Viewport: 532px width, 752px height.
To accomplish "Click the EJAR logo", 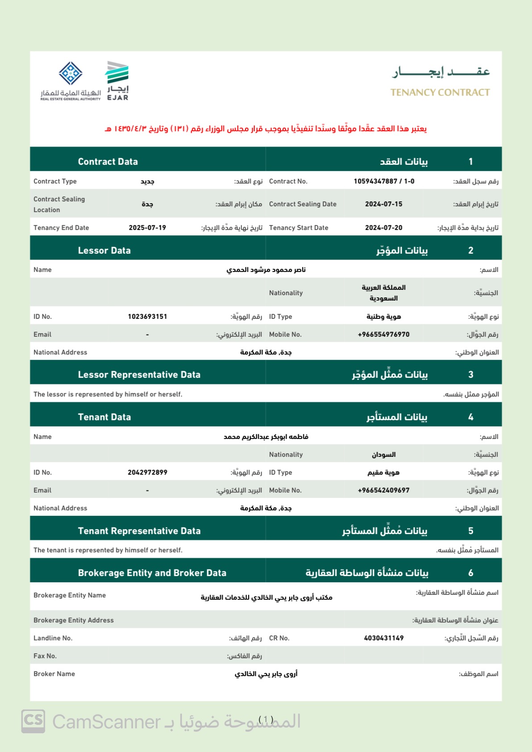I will pos(117,80).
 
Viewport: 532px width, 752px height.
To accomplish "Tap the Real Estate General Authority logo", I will pos(71,81).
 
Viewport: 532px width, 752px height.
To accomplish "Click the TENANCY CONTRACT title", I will pos(440,92).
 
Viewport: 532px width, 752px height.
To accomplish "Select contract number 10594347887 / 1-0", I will pos(384,181).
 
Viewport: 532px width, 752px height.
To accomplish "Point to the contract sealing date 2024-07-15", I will pos(383,204).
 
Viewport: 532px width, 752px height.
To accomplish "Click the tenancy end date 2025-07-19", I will pos(147,228).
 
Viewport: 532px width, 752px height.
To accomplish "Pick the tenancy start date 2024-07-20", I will pos(383,228).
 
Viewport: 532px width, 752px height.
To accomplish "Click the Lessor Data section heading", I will pos(104,251).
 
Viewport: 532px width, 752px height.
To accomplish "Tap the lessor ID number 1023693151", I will pos(147,317).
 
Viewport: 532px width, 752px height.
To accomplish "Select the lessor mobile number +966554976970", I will pos(383,334).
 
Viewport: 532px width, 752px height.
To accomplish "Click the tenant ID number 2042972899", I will pos(147,472).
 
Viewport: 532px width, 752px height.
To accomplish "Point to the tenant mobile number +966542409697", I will pos(383,490).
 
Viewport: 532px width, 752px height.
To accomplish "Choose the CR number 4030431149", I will pos(383,638).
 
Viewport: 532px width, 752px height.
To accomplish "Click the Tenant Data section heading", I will pos(104,417).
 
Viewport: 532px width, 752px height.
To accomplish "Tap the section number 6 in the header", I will pos(470,573).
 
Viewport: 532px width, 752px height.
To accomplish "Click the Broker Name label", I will pos(54,674).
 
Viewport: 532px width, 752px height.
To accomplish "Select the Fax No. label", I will pos(45,656).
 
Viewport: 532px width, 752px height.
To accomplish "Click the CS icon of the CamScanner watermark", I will pos(33,721).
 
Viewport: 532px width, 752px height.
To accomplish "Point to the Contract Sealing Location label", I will pos(59,205).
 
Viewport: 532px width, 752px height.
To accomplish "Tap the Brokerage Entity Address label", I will pos(74,620).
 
